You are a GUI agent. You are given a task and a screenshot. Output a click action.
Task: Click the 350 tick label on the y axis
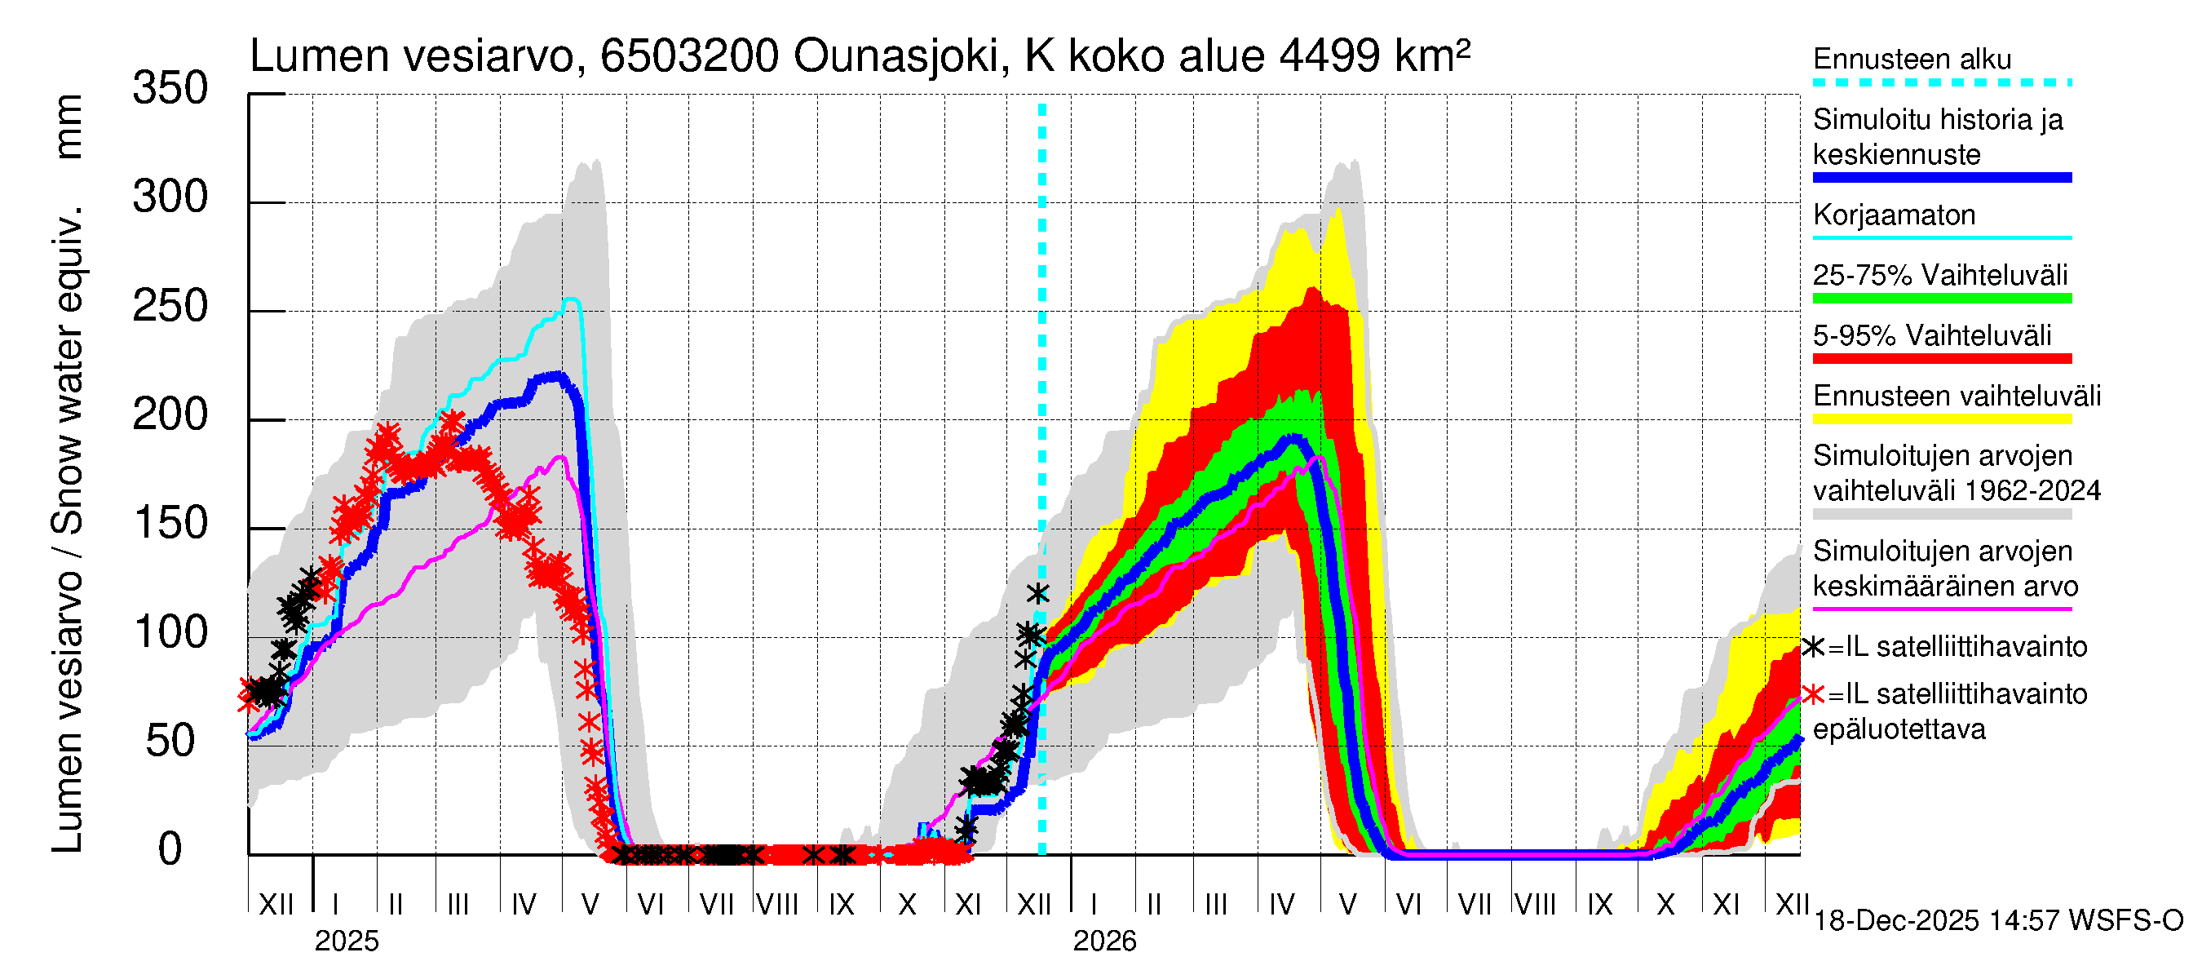pyautogui.click(x=170, y=89)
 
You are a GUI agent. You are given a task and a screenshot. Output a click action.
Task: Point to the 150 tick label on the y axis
pyautogui.click(x=170, y=524)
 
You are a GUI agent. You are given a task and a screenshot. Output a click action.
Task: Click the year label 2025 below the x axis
pyautogui.click(x=346, y=941)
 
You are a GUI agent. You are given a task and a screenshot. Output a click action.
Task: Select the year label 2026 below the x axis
pyautogui.click(x=1104, y=941)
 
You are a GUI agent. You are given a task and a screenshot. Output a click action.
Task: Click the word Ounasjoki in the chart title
pyautogui.click(x=895, y=56)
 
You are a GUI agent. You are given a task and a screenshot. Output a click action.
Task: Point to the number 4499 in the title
pyautogui.click(x=1329, y=56)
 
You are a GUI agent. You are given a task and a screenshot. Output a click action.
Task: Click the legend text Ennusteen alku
pyautogui.click(x=1912, y=59)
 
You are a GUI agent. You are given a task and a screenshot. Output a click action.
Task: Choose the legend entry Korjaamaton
pyautogui.click(x=1894, y=215)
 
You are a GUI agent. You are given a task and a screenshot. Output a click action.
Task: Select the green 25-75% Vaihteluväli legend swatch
pyautogui.click(x=1941, y=299)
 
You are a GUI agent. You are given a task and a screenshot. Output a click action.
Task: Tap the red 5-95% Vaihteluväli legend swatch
pyautogui.click(x=1941, y=358)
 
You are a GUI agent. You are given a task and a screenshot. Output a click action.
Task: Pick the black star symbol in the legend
pyautogui.click(x=1813, y=647)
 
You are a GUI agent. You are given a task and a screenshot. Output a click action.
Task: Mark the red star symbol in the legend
pyautogui.click(x=1813, y=694)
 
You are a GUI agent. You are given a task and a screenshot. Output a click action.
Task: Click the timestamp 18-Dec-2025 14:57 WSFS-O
pyautogui.click(x=1997, y=921)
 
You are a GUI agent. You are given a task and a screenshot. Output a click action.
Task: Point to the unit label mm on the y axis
pyautogui.click(x=69, y=126)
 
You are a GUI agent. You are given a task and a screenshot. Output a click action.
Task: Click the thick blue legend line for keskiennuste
pyautogui.click(x=1941, y=178)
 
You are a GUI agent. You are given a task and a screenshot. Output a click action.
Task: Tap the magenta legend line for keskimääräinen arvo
pyautogui.click(x=1941, y=609)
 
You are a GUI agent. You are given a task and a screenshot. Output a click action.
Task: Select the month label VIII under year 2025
pyautogui.click(x=777, y=905)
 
